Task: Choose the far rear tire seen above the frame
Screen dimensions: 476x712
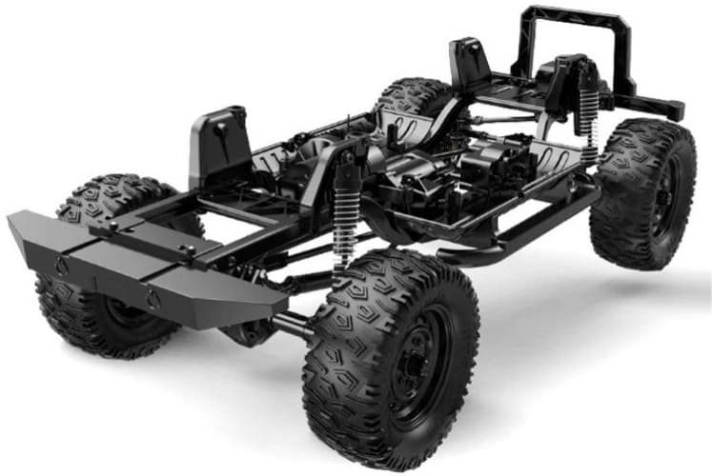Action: tap(415, 95)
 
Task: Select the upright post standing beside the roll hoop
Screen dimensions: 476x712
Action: tap(469, 62)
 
